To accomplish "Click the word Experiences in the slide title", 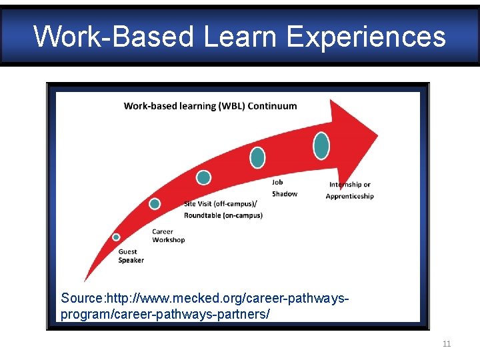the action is tap(366, 37).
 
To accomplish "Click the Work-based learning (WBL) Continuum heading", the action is tap(210, 106).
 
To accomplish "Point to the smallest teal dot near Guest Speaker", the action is tap(116, 237).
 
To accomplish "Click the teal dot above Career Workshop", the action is tap(155, 204).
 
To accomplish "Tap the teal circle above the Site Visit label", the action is tap(203, 177).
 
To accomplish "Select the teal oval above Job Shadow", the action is tap(257, 157).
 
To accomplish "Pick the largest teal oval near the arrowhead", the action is tap(321, 146).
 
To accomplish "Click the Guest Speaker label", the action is tap(131, 256).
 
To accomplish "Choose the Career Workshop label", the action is tap(168, 236).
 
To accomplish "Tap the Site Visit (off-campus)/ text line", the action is tap(220, 204).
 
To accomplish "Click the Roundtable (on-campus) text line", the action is tap(223, 215).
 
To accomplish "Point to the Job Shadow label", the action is tap(285, 188).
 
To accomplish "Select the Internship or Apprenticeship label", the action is tap(349, 191).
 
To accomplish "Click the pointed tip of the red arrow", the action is tap(377, 135).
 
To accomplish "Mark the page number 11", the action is tap(447, 344).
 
